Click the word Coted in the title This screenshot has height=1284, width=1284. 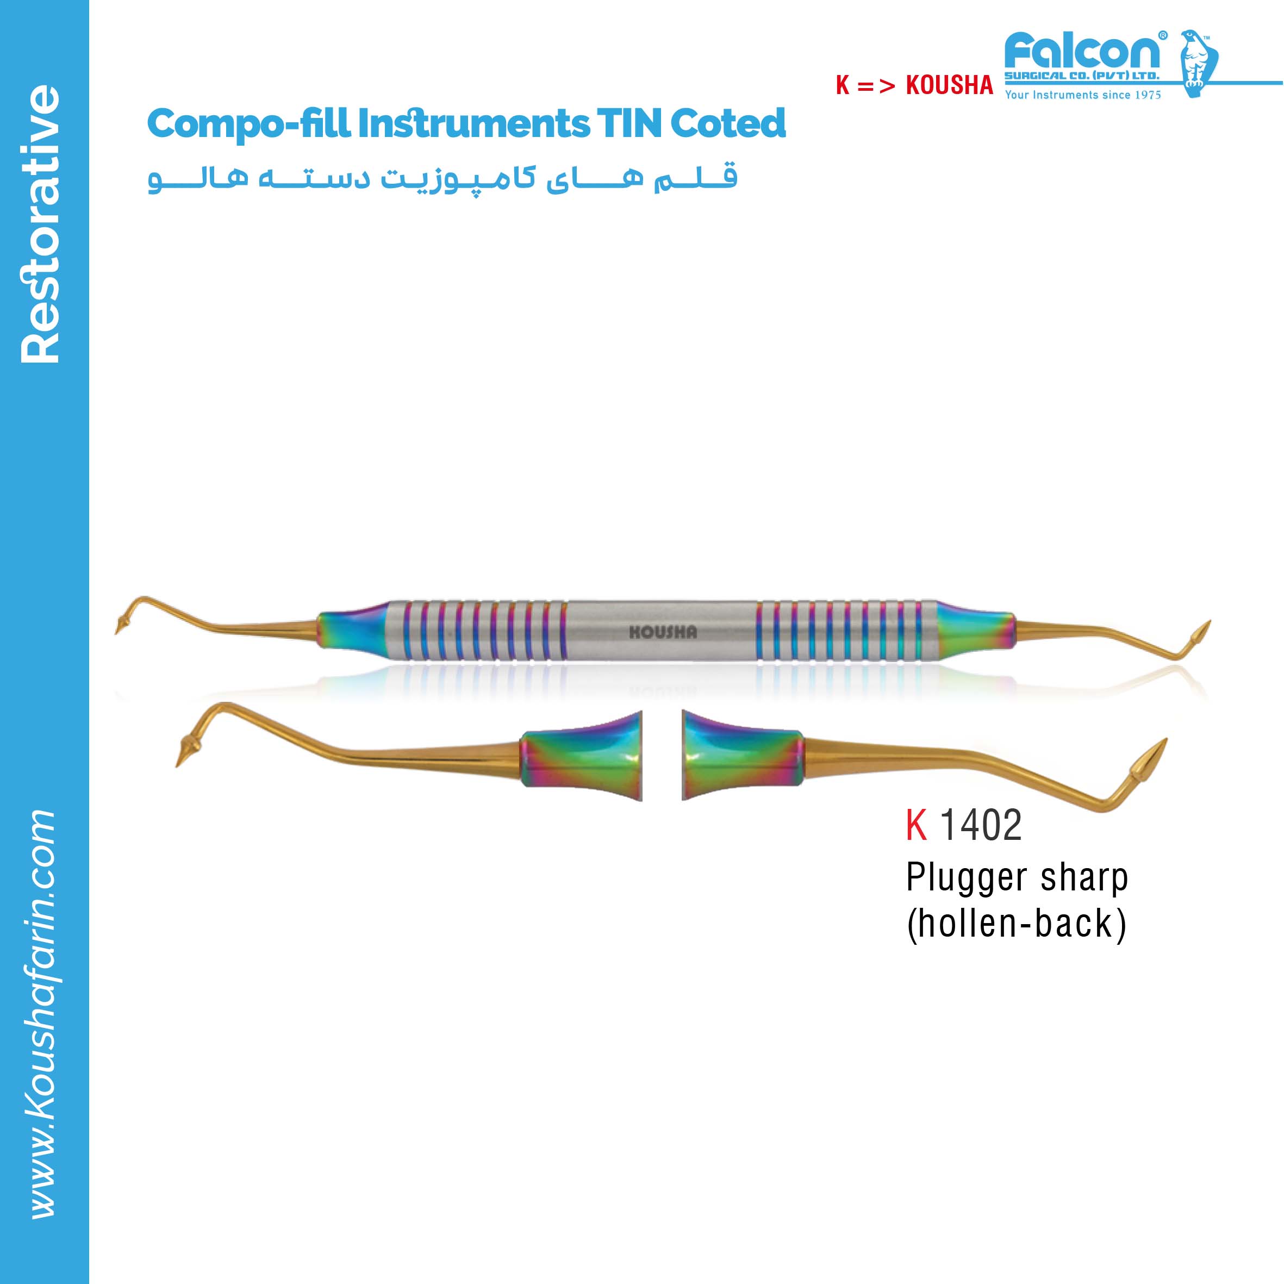click(x=728, y=123)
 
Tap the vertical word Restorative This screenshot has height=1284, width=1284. click(x=40, y=224)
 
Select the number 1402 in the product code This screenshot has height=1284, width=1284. click(x=981, y=825)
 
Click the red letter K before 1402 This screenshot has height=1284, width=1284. click(x=917, y=825)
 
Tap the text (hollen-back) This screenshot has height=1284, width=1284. click(x=1017, y=923)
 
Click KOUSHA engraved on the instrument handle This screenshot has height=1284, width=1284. click(x=663, y=632)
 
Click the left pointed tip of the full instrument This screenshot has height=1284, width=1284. click(x=116, y=633)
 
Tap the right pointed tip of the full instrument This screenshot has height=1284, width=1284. click(x=1210, y=621)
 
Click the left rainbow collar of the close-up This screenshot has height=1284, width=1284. click(x=581, y=758)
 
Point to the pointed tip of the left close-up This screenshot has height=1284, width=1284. click(x=177, y=765)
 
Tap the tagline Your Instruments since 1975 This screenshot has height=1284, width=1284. click(x=1083, y=95)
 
